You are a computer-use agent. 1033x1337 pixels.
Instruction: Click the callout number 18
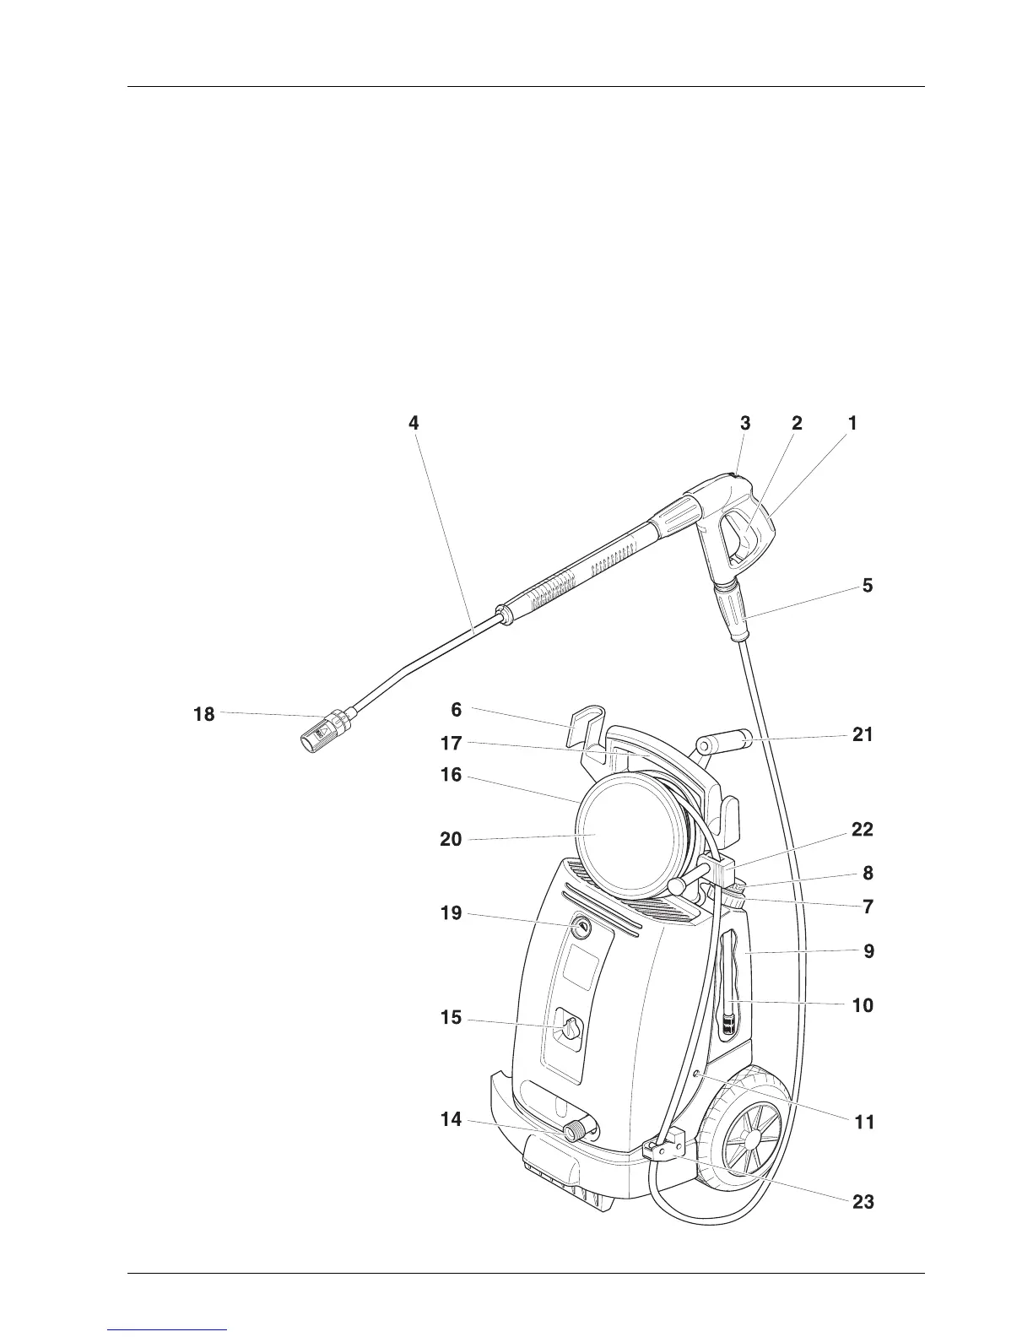[x=203, y=715]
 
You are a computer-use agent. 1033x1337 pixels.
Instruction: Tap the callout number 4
[x=414, y=423]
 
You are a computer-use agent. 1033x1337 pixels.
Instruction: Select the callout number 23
[x=863, y=1202]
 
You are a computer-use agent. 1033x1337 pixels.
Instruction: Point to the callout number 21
[x=863, y=734]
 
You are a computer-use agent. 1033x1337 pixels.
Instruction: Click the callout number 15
[x=451, y=1018]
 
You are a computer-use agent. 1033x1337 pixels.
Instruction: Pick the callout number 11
[x=863, y=1123]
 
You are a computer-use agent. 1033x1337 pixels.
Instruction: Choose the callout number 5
[x=868, y=585]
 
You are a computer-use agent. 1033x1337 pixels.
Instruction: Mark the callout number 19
[x=451, y=912]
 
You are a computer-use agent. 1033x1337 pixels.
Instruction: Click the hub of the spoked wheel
[x=748, y=1139]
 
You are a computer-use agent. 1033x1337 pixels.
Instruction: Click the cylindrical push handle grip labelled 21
[x=726, y=743]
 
